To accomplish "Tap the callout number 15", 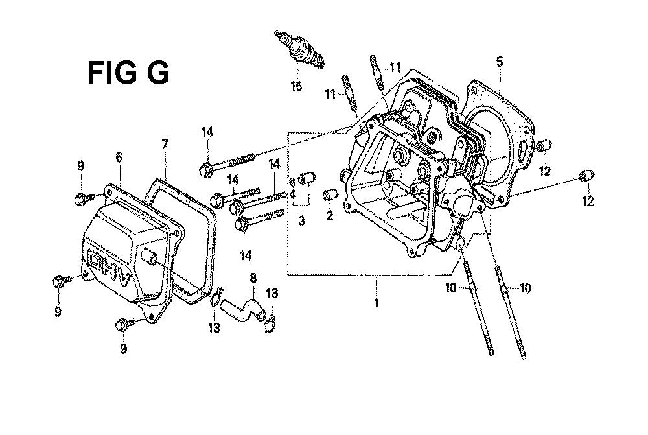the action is (x=296, y=86).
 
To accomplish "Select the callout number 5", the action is (x=500, y=62).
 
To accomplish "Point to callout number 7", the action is (x=165, y=144).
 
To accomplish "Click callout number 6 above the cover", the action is (x=119, y=157).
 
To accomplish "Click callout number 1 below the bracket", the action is (x=376, y=302).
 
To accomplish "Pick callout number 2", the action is (x=329, y=215).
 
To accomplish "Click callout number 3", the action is (x=301, y=220).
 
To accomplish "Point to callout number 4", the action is (x=293, y=194).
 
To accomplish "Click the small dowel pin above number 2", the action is (x=330, y=194).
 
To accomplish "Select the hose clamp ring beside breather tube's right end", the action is (x=270, y=323).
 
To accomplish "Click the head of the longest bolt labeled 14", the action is (x=206, y=170).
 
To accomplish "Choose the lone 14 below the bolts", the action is (x=246, y=255).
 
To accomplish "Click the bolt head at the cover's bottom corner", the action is (x=122, y=325).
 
